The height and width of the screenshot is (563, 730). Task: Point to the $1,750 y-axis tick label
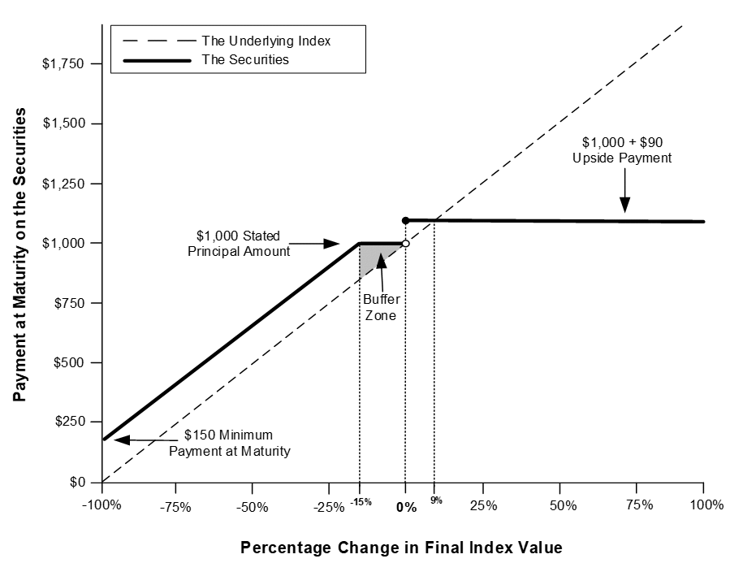point(63,63)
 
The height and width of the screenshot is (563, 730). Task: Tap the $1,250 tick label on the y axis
point(63,184)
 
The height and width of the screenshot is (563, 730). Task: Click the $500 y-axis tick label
point(69,362)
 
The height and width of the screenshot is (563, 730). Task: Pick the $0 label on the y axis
point(77,482)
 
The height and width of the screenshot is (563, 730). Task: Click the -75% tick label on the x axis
point(175,507)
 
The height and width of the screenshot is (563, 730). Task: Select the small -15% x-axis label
point(361,501)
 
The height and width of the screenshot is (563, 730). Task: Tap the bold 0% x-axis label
point(407,507)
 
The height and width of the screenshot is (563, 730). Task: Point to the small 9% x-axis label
point(436,500)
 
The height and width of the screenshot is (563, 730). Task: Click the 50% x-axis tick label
point(563,505)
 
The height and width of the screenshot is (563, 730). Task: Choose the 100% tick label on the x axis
point(706,505)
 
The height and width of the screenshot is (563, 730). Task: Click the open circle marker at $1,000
point(405,243)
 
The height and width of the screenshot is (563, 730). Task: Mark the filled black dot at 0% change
point(405,220)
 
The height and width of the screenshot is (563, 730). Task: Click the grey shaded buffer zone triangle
point(373,255)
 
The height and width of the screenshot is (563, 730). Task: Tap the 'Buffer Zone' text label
point(382,307)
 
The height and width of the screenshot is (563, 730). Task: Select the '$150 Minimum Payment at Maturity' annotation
point(230,443)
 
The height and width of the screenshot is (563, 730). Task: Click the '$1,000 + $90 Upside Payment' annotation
point(622,150)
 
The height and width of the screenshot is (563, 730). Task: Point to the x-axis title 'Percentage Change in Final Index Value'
point(401,548)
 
